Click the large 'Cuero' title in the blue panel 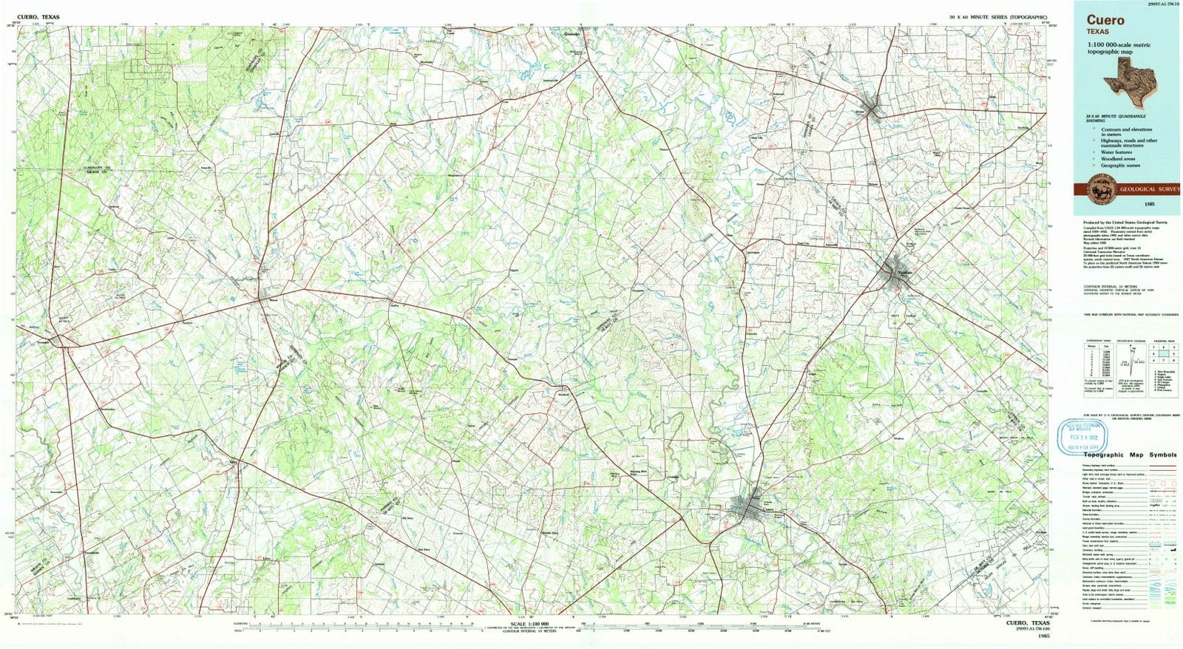point(1105,20)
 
